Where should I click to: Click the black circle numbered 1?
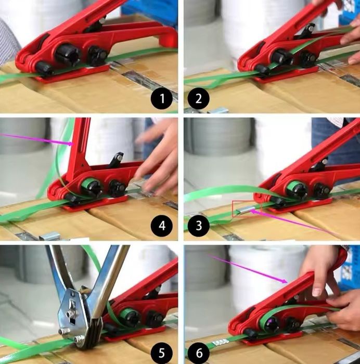pyautogui.click(x=162, y=98)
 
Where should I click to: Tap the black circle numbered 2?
pyautogui.click(x=199, y=98)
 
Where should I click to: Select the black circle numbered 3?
pyautogui.click(x=199, y=225)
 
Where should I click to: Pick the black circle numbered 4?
pyautogui.click(x=162, y=225)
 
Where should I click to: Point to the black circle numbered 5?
pyautogui.click(x=162, y=353)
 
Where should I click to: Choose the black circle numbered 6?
pyautogui.click(x=199, y=353)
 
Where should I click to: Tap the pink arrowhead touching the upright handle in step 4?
pyautogui.click(x=71, y=144)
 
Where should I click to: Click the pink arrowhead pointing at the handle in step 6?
pyautogui.click(x=285, y=281)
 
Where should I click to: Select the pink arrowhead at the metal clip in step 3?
pyautogui.click(x=253, y=212)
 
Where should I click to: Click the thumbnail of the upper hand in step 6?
pyautogui.click(x=316, y=292)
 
